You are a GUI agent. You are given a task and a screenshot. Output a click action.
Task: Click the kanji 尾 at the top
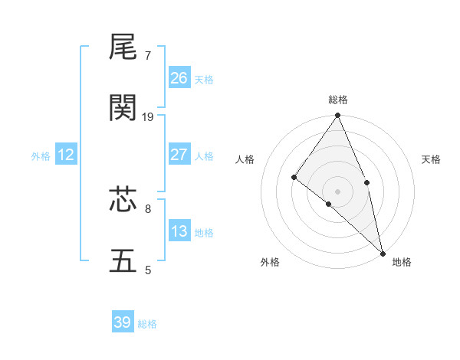(x=123, y=47)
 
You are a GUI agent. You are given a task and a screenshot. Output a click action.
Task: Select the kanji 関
(x=123, y=108)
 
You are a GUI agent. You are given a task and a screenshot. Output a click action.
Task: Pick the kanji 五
(x=123, y=261)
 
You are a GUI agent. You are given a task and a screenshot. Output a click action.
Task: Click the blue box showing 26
(x=179, y=78)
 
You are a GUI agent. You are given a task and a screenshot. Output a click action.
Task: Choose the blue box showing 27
(x=179, y=155)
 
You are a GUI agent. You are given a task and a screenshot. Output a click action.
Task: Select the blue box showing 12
(x=66, y=155)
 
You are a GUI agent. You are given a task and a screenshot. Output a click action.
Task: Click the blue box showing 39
(x=123, y=322)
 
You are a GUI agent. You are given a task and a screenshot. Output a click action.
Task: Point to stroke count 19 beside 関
(x=148, y=116)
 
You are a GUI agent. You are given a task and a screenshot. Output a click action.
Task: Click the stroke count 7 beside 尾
(x=147, y=55)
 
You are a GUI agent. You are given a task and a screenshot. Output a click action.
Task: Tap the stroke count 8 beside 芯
(x=147, y=208)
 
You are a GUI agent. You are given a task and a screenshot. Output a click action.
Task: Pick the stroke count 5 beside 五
(x=147, y=270)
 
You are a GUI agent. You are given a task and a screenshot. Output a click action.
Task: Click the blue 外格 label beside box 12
(x=41, y=155)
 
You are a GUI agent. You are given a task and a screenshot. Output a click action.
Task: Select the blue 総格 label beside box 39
(x=147, y=323)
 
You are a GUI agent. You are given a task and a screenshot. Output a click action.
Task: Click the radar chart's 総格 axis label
(x=337, y=100)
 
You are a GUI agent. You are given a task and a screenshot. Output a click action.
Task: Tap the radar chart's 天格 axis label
(x=431, y=159)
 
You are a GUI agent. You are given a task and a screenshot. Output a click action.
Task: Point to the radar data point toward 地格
(x=382, y=253)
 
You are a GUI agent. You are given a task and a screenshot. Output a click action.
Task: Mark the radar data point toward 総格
(x=337, y=116)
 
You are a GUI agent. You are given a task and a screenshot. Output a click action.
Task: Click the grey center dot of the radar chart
(x=337, y=191)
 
